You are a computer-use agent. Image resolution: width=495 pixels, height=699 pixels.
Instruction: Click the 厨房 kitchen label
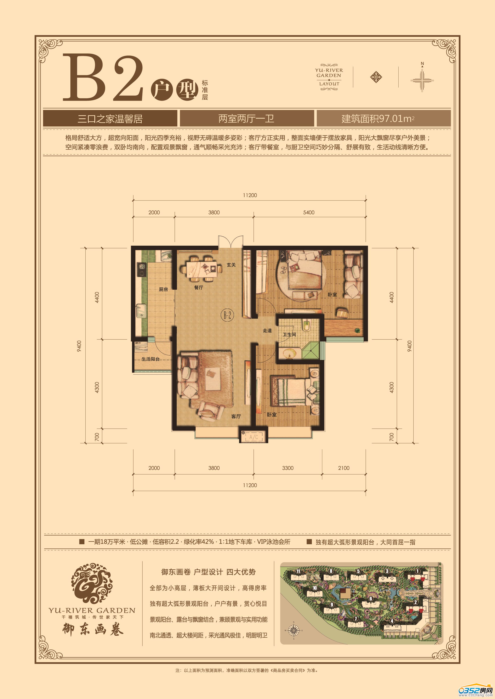(163, 289)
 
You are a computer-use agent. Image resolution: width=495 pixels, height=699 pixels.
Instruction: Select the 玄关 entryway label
(231, 265)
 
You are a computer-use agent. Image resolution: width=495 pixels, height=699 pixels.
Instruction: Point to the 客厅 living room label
(236, 416)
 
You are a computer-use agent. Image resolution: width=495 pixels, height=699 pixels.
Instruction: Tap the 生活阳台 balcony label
(151, 359)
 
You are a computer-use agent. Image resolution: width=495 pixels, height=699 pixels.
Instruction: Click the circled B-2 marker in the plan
(227, 315)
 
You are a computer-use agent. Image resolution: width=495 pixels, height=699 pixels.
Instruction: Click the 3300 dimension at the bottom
(287, 468)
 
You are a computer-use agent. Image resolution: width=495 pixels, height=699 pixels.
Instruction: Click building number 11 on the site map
(298, 571)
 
